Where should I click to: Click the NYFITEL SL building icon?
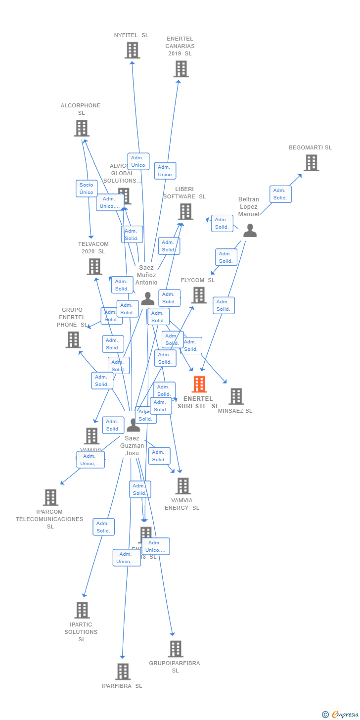click(x=132, y=50)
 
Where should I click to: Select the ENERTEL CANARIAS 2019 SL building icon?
click(x=181, y=69)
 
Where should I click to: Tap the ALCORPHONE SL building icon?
click(x=82, y=128)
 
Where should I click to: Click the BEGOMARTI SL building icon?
click(x=311, y=163)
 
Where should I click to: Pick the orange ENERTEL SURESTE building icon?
click(x=199, y=384)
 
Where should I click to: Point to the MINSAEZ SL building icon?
click(x=236, y=396)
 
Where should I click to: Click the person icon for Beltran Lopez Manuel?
click(x=250, y=231)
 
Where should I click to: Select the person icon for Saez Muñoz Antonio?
click(x=147, y=298)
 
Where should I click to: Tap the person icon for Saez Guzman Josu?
click(x=133, y=425)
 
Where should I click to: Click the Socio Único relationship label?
click(x=87, y=189)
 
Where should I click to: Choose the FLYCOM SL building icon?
click(x=199, y=295)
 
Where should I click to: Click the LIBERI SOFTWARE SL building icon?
click(x=185, y=212)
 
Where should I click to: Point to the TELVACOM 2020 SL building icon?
click(x=94, y=267)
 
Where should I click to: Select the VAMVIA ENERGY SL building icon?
click(x=183, y=486)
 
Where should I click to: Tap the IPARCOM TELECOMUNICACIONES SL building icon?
click(x=50, y=497)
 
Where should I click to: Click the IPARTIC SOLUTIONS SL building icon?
click(x=82, y=610)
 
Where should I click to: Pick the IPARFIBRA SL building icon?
click(x=123, y=672)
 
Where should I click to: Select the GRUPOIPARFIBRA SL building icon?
click(x=176, y=649)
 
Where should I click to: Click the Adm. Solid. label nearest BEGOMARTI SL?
click(x=280, y=194)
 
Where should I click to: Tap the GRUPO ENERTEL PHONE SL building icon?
click(x=73, y=340)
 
